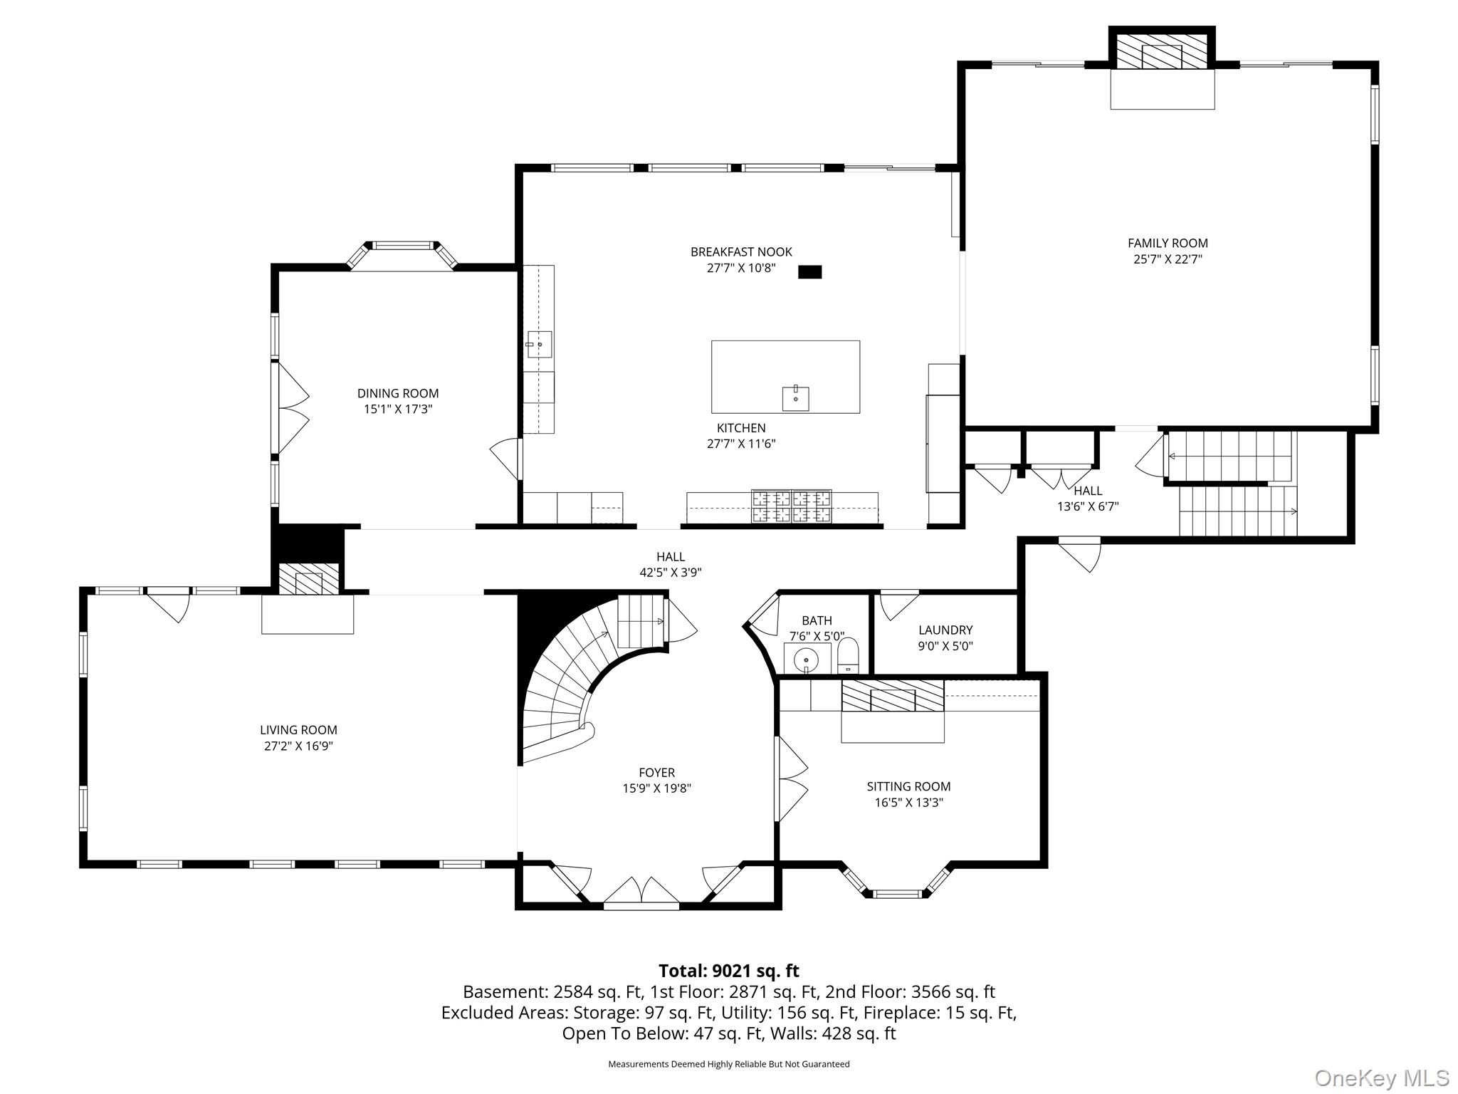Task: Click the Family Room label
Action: click(1168, 244)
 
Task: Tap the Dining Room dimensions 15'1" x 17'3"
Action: click(398, 410)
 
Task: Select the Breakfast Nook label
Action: click(741, 252)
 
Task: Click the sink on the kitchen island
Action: click(795, 398)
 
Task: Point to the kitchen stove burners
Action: click(791, 506)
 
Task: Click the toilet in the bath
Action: click(849, 655)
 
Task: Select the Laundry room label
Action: click(945, 630)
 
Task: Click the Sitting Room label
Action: click(908, 787)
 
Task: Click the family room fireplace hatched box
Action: click(1162, 52)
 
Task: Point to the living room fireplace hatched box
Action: click(308, 578)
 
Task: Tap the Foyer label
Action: click(656, 773)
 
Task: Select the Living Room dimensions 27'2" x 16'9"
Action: click(298, 746)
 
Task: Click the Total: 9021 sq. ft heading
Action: click(728, 971)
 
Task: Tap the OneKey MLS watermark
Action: click(1381, 1078)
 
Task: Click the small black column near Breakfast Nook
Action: click(809, 272)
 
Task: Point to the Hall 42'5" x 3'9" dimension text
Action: click(671, 573)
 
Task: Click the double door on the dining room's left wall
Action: click(291, 409)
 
